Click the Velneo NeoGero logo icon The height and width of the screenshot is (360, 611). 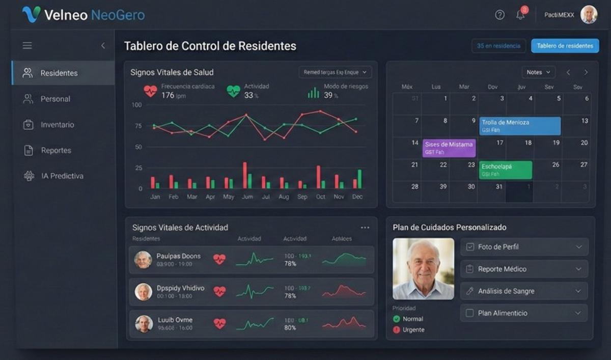(x=31, y=14)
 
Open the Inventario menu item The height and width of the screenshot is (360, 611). (x=57, y=125)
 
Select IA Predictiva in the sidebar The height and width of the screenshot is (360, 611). (x=62, y=176)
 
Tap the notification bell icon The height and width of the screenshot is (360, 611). (x=520, y=15)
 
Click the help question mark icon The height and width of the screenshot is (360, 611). (x=499, y=15)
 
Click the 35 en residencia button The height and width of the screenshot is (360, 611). (x=498, y=46)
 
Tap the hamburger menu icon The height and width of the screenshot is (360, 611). (x=27, y=46)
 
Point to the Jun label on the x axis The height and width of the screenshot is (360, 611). (x=247, y=197)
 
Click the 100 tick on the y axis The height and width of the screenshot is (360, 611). (x=136, y=105)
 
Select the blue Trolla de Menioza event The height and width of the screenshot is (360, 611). (x=519, y=126)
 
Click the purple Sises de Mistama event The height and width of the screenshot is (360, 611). (x=449, y=148)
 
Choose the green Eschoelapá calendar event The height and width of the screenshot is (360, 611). (x=506, y=170)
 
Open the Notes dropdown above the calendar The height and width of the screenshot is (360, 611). (x=538, y=72)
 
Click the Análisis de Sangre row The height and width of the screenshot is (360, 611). (x=524, y=291)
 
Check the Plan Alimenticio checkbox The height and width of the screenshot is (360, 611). (x=470, y=313)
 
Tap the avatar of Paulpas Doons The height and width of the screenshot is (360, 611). (x=143, y=260)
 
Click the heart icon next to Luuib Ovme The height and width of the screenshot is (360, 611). (x=219, y=323)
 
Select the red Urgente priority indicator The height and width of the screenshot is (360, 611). (x=397, y=330)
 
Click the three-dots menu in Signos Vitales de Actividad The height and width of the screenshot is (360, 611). (x=365, y=228)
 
